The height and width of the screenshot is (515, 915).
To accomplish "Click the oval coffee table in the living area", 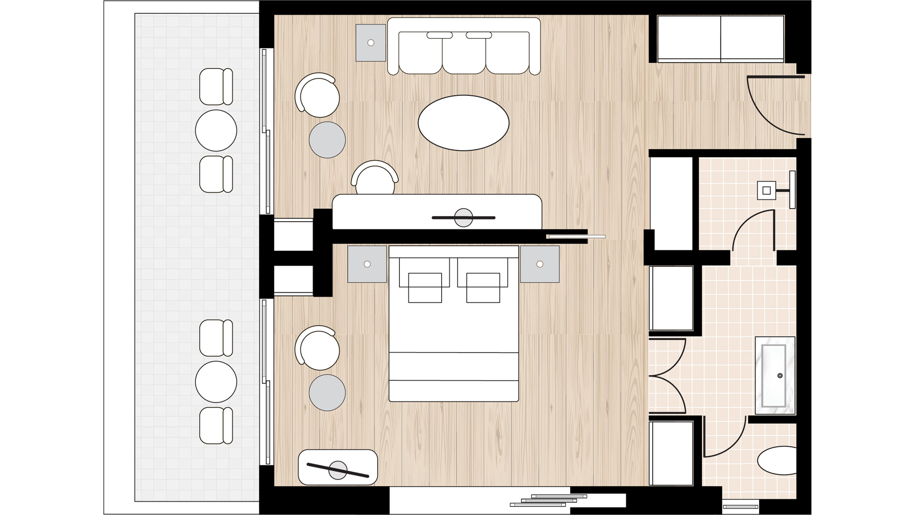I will point(463,123).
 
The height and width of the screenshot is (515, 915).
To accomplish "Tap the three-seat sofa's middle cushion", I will point(463,53).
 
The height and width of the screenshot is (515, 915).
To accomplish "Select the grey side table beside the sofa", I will point(371,43).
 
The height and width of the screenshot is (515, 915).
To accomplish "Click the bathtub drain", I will point(780,376).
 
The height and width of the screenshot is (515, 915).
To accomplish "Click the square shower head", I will point(766,191).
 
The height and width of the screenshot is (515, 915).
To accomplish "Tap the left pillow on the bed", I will point(425,288).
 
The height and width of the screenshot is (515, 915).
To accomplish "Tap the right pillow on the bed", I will point(483,288).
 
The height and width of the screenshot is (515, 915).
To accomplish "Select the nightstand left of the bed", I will point(367,264).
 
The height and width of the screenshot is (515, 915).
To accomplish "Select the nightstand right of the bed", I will point(539,264).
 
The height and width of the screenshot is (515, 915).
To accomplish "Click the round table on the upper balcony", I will point(216,131).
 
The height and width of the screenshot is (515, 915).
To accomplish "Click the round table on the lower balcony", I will point(216,382).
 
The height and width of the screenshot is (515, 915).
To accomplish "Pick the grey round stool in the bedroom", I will point(327,392).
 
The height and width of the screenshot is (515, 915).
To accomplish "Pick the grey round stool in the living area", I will point(327,140).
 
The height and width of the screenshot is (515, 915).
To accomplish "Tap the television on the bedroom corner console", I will point(338,470).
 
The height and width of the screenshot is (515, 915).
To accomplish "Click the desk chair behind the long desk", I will point(375,179).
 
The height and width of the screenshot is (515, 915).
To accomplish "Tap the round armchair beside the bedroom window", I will point(318,349).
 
